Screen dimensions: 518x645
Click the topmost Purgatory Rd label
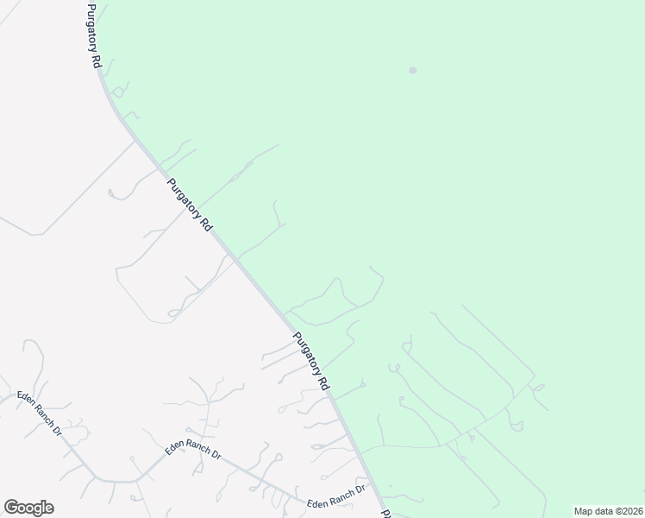pos(93,36)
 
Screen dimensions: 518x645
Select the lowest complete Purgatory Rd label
pos(312,362)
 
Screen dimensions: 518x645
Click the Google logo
pos(29,508)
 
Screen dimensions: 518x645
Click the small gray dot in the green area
pos(413,71)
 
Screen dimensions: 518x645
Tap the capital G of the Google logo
pos(11,507)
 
